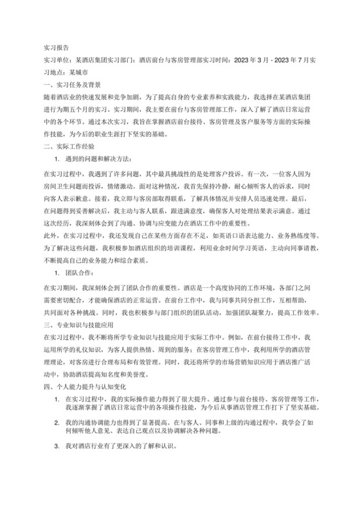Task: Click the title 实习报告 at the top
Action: coord(56,48)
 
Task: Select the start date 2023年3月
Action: coord(255,60)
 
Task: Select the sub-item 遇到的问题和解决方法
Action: coord(103,159)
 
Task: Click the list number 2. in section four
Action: coord(57,422)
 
